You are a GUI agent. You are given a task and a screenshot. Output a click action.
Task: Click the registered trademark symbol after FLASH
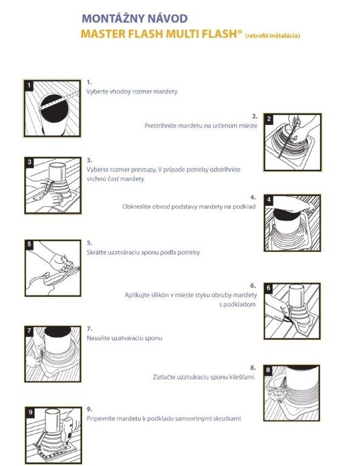tap(240, 31)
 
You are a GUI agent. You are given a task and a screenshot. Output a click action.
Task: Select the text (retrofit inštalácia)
tap(273, 36)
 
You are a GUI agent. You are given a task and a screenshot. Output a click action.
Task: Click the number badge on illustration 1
tap(29, 86)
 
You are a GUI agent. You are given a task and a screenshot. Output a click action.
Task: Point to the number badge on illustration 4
tap(269, 200)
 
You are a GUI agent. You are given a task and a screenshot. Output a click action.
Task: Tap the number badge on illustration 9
tap(30, 412)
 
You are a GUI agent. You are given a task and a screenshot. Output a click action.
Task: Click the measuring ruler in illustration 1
tap(59, 101)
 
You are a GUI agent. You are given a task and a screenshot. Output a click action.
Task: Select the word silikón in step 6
tap(158, 295)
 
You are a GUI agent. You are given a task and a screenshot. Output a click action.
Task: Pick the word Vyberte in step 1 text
tap(97, 92)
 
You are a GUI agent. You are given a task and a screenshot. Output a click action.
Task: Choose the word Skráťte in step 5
tap(97, 252)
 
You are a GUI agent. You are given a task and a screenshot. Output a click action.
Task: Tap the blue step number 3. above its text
tap(89, 160)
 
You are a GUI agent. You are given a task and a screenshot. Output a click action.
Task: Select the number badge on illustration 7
tap(29, 331)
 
